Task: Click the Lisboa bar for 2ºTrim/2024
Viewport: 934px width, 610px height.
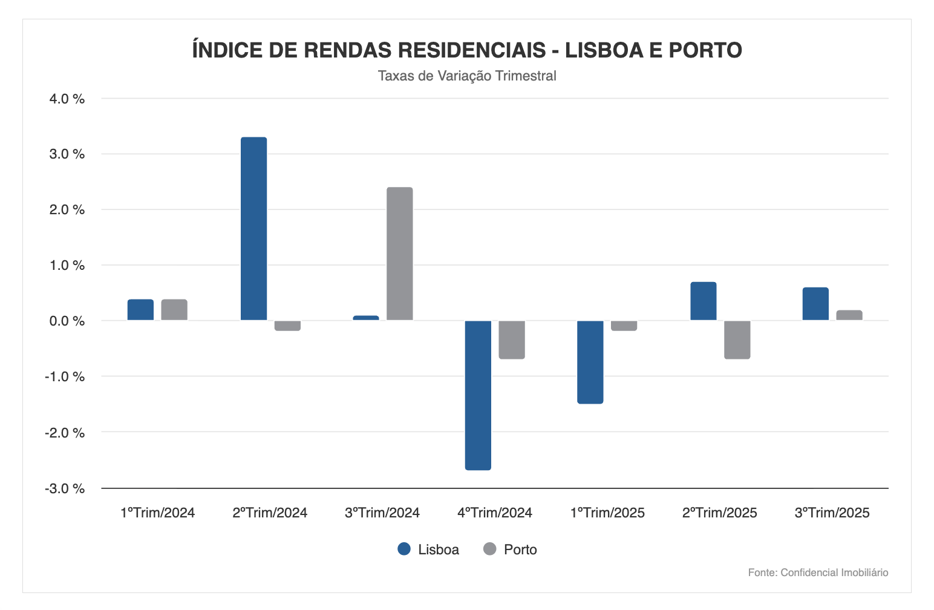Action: coord(253,229)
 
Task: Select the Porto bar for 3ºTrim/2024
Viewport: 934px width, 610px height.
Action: coord(400,254)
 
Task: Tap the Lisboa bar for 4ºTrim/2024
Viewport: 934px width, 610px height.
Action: coord(478,395)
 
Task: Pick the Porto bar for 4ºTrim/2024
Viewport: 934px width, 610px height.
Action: coord(512,339)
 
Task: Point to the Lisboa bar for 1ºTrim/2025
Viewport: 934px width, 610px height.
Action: coord(590,362)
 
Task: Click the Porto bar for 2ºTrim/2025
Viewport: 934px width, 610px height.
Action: coord(737,339)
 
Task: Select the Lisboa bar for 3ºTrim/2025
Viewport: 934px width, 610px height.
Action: coord(815,304)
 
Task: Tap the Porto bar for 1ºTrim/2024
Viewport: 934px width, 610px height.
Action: coord(174,310)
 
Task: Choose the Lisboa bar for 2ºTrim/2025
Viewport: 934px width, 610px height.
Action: coord(703,301)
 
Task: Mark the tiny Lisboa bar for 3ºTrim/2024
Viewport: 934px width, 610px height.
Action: coord(366,318)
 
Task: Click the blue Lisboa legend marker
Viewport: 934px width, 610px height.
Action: coord(404,549)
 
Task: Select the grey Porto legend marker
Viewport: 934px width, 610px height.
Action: coord(490,549)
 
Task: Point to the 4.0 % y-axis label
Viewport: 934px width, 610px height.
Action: coord(67,99)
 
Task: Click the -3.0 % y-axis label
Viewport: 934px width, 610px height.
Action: coord(65,488)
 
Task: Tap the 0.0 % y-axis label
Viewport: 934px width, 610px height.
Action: coord(67,321)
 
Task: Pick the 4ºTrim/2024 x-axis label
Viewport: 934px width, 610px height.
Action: coord(494,513)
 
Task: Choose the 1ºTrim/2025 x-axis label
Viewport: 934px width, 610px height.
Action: coord(607,513)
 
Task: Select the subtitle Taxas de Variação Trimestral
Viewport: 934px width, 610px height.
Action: coord(467,76)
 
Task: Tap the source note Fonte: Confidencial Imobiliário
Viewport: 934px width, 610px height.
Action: coord(818,572)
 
